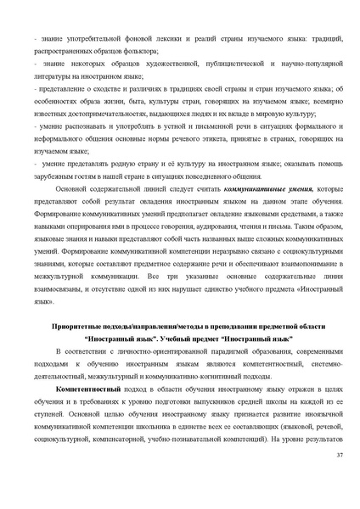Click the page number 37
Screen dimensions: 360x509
[x=338, y=456]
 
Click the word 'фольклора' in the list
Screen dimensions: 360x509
[x=138, y=51]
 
